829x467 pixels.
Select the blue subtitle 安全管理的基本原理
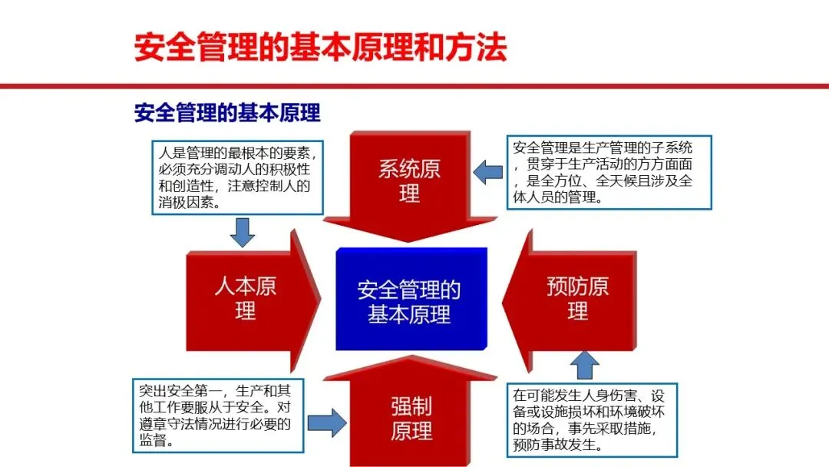point(227,114)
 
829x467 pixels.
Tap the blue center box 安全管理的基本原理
point(411,301)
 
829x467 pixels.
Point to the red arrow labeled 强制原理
point(411,418)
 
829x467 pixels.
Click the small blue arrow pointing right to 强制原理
point(327,422)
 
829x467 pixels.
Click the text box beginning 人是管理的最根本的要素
point(236,177)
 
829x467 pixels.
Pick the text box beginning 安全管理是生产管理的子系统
point(609,171)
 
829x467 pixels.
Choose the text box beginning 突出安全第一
point(217,412)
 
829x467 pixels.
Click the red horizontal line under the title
point(414,86)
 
